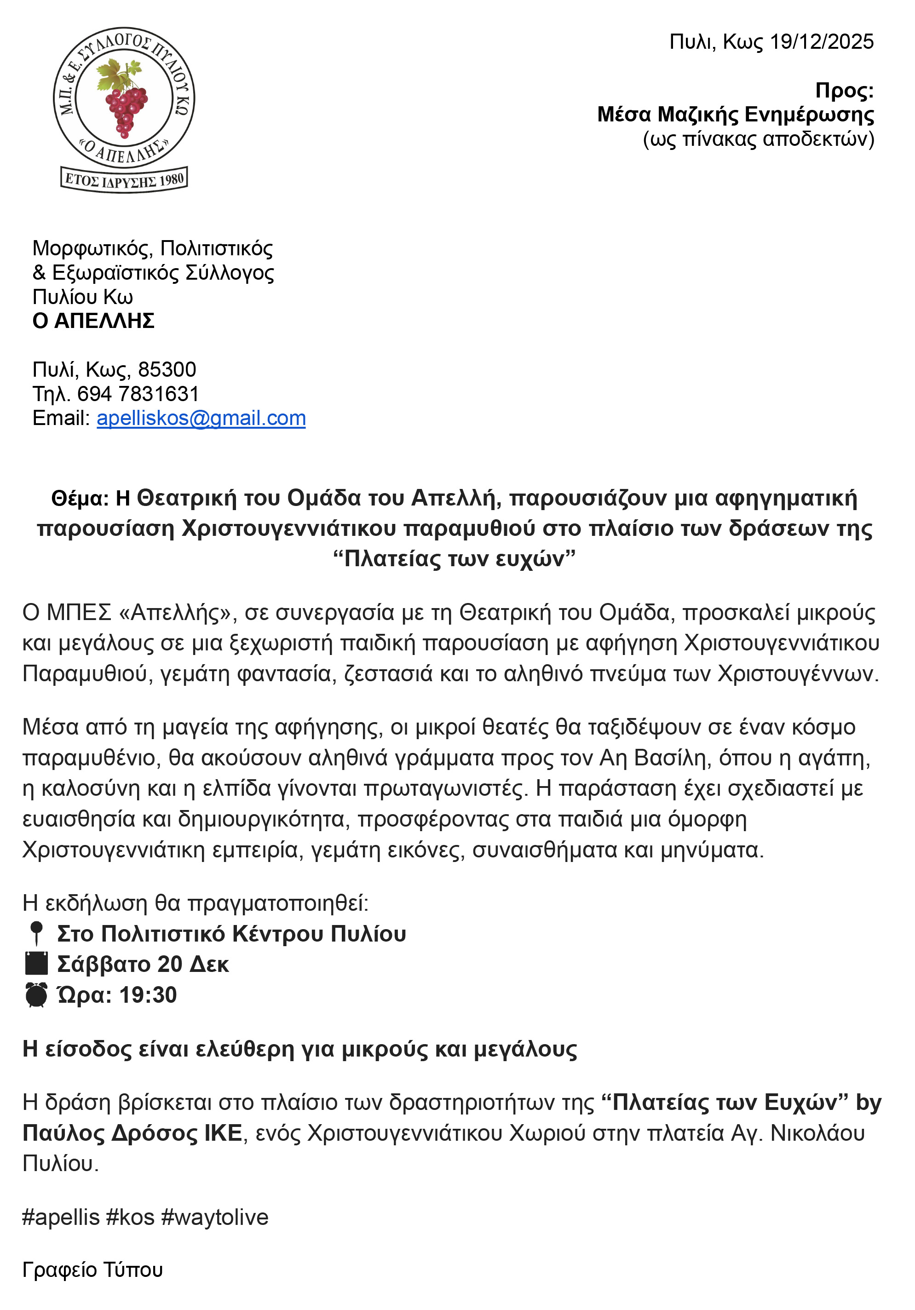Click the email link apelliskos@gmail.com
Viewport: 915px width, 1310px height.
pyautogui.click(x=201, y=418)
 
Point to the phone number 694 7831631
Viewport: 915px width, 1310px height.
pyautogui.click(x=138, y=394)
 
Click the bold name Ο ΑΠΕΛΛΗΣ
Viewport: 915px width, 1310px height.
pyautogui.click(x=93, y=321)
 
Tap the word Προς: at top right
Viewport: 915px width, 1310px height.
pyautogui.click(x=844, y=91)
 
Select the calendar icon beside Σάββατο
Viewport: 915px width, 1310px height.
pyautogui.click(x=36, y=964)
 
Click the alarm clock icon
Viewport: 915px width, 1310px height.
pyautogui.click(x=36, y=994)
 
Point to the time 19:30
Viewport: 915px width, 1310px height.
pyautogui.click(x=148, y=995)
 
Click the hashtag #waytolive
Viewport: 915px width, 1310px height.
pyautogui.click(x=215, y=1217)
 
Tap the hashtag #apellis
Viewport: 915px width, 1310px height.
pyautogui.click(x=61, y=1217)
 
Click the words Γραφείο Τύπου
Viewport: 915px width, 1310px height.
pyautogui.click(x=92, y=1270)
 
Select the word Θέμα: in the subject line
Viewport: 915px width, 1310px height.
pyautogui.click(x=80, y=499)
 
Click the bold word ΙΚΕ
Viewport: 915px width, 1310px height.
pyautogui.click(x=223, y=1133)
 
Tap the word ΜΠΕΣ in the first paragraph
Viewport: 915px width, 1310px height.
pyautogui.click(x=79, y=613)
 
